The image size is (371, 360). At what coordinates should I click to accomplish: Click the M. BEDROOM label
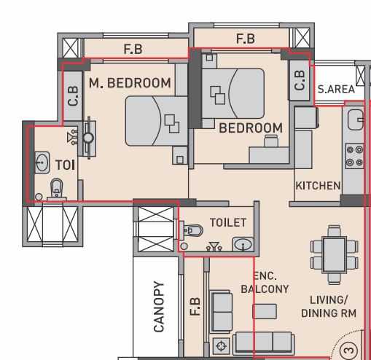(130, 83)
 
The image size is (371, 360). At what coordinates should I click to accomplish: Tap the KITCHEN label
(318, 186)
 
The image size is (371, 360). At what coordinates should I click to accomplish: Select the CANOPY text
(159, 307)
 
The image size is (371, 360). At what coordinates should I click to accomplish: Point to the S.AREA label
(336, 90)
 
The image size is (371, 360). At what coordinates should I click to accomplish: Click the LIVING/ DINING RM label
(329, 307)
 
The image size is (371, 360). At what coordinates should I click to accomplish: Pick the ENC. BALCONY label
(265, 283)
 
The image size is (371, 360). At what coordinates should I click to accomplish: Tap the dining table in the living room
(335, 255)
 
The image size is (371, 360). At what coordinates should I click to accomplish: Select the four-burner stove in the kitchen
(354, 156)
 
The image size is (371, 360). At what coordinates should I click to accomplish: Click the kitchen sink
(356, 120)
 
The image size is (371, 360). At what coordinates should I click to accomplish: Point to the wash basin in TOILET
(243, 244)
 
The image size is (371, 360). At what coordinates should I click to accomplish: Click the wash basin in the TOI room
(42, 163)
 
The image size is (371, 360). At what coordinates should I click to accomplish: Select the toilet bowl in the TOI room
(57, 188)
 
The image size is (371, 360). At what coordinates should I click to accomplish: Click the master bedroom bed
(157, 121)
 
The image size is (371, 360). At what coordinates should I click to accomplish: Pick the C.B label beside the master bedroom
(73, 96)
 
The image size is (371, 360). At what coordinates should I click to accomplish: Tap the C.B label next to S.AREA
(300, 81)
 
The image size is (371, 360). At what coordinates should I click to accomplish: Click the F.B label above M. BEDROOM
(133, 49)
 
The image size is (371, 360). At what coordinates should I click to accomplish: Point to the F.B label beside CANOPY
(195, 306)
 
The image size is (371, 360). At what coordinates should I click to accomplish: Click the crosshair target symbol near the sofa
(221, 345)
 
